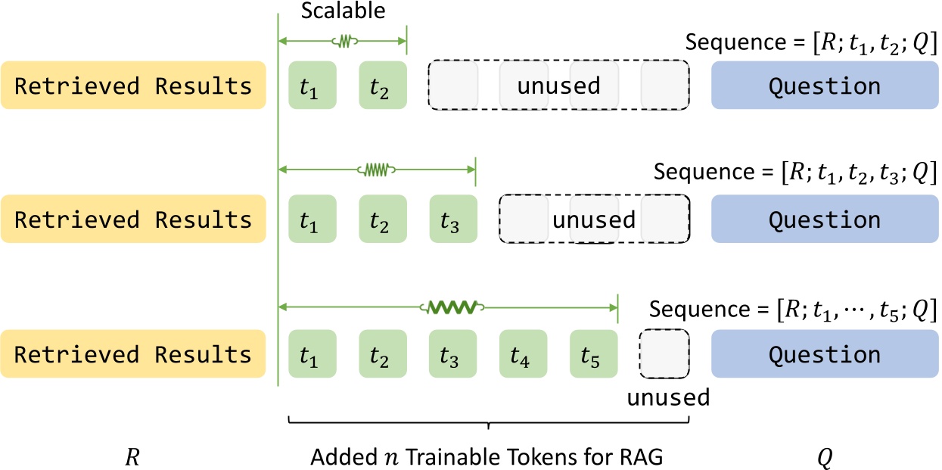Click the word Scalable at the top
pos(344,12)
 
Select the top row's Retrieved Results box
pos(133,86)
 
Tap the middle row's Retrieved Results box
pos(133,219)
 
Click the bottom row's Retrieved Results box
pos(133,354)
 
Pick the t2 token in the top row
pos(382,86)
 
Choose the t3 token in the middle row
pos(452,219)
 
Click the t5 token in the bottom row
pos(593,354)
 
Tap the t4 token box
pos(523,354)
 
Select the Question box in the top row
pos(824,86)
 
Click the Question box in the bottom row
pos(824,354)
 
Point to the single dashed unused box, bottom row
pos(664,354)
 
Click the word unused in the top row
pos(558,86)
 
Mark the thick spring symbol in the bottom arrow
pos(452,308)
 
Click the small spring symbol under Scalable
pos(343,40)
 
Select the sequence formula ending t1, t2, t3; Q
pos(795,173)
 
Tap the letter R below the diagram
pos(132,457)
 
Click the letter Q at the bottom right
pos(824,457)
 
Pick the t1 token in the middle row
pos(312,219)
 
